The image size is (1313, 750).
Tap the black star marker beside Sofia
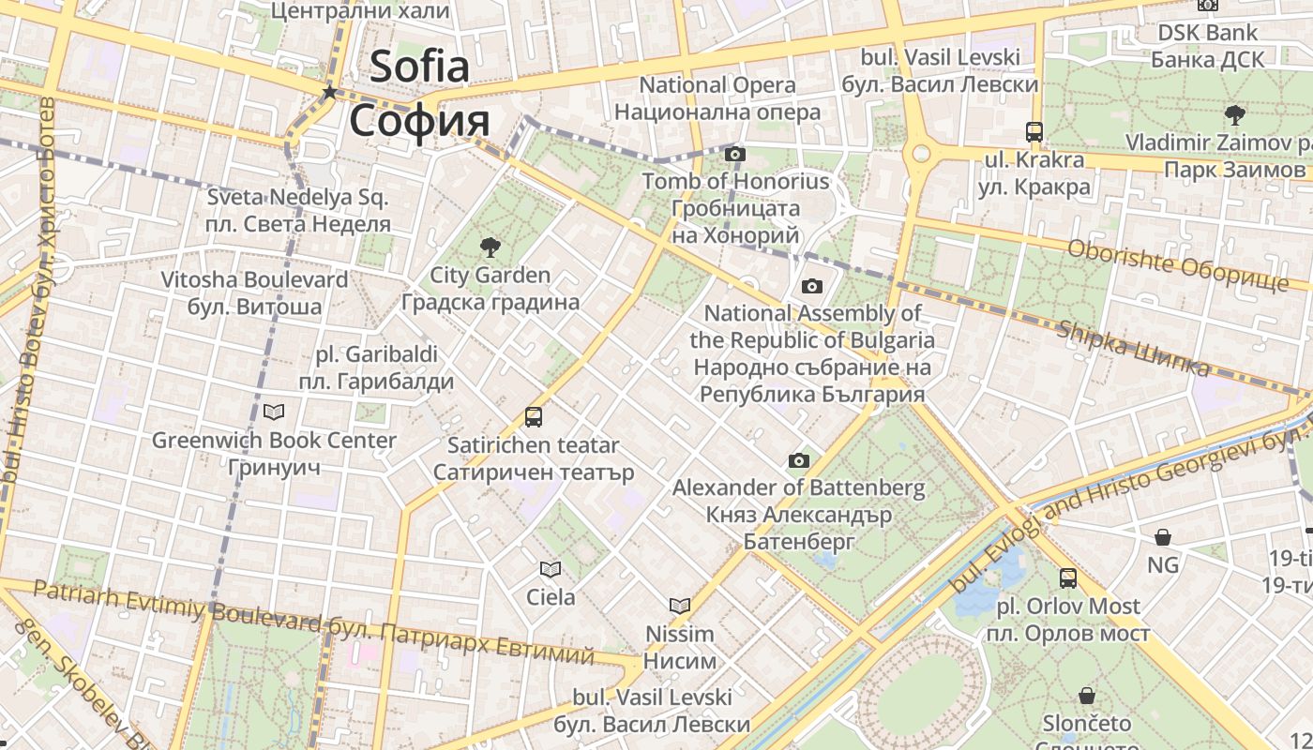(x=329, y=92)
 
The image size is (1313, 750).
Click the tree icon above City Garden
(x=490, y=247)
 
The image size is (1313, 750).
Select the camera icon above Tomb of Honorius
(x=735, y=154)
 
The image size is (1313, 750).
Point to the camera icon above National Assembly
(x=812, y=286)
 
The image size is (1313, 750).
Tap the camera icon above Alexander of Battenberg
(x=799, y=460)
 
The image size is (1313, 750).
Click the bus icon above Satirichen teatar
(x=534, y=417)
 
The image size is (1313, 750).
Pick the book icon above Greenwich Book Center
(x=274, y=412)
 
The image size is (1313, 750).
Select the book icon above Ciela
(x=551, y=569)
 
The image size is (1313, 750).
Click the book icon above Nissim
(x=680, y=606)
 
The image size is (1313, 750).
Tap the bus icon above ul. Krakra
(x=1034, y=132)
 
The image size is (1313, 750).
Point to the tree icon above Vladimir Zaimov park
(x=1234, y=115)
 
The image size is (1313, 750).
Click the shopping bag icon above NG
(x=1163, y=537)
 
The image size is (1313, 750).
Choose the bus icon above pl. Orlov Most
(x=1068, y=578)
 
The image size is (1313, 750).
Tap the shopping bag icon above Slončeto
(x=1087, y=696)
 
